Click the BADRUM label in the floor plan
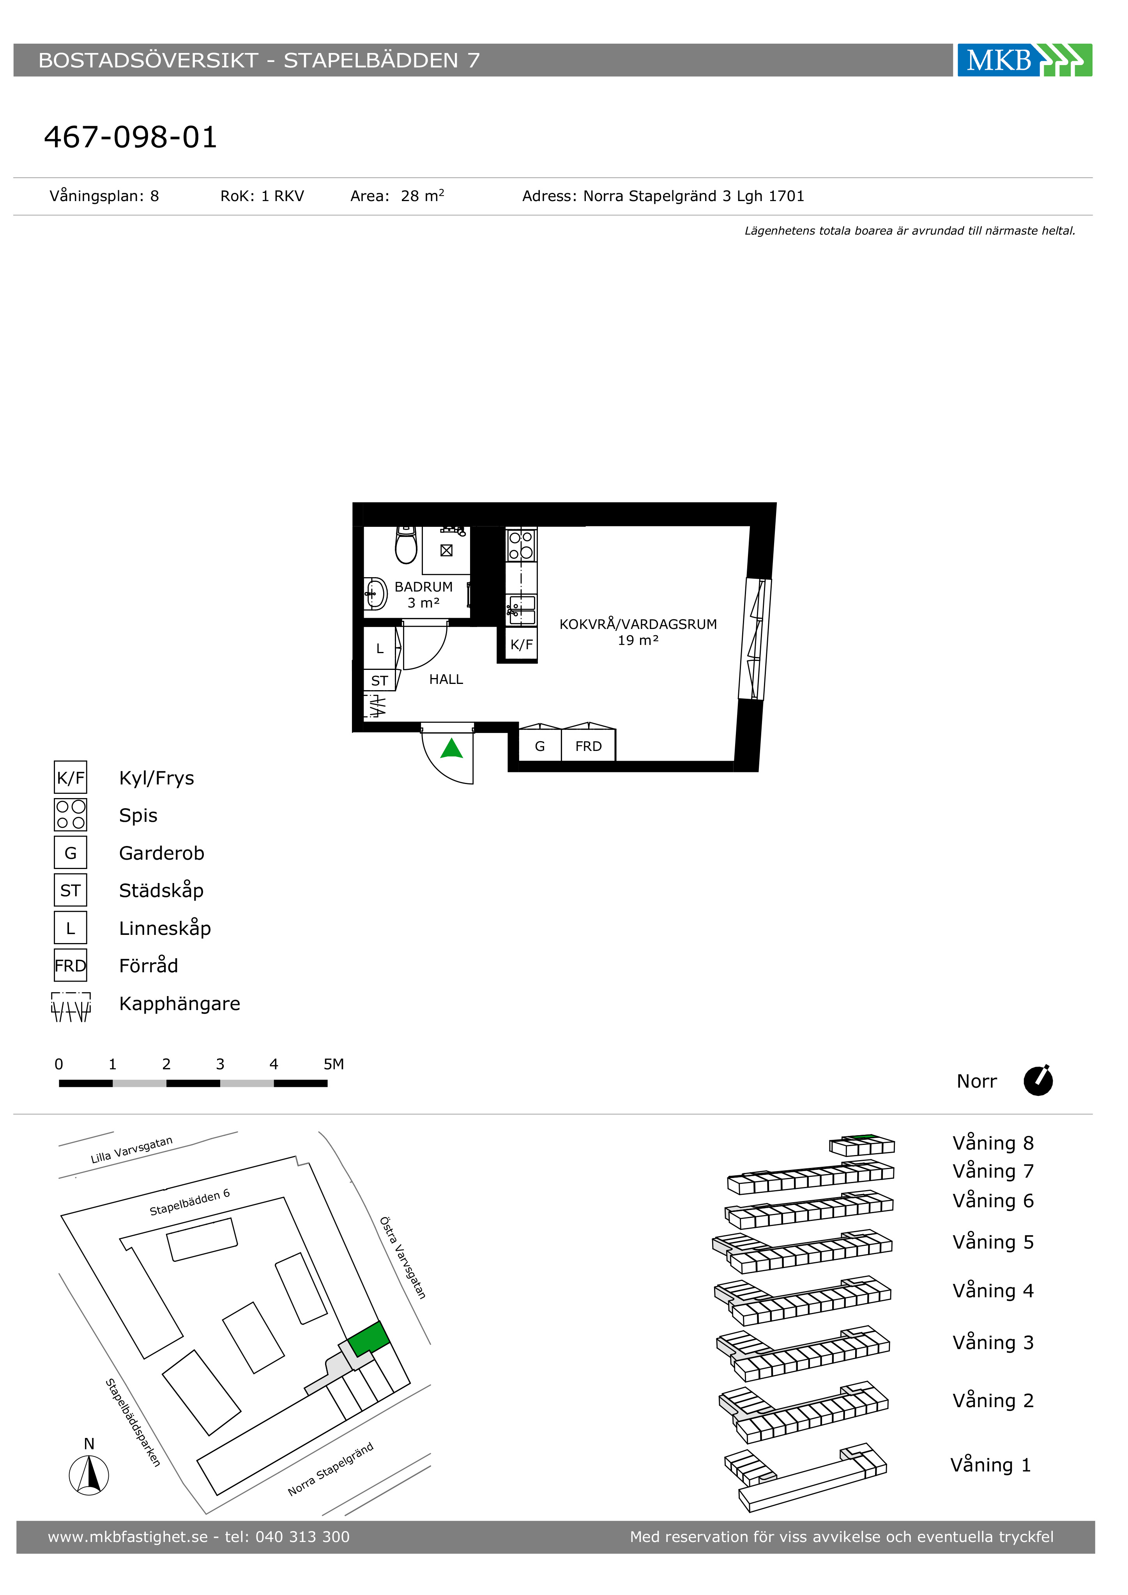[423, 587]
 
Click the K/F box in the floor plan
[521, 644]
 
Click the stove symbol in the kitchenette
[521, 545]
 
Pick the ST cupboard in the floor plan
[380, 680]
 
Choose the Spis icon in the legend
[70, 815]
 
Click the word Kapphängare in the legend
[179, 1004]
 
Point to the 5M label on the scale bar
[334, 1064]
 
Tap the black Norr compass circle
[1038, 1081]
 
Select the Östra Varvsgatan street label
[403, 1258]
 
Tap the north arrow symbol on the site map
[89, 1474]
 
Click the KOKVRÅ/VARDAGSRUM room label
[638, 624]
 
